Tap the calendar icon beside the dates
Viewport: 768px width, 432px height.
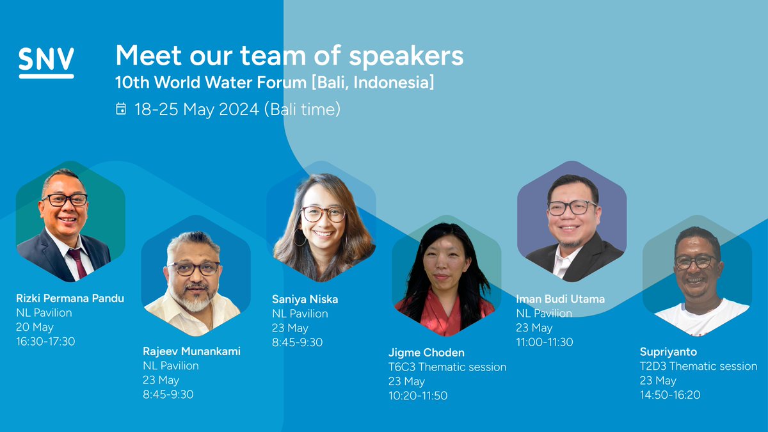(121, 109)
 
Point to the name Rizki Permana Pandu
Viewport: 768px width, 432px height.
(70, 298)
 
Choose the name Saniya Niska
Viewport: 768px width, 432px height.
(305, 299)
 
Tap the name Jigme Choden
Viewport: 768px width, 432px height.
(426, 352)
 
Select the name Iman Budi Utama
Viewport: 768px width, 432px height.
(560, 299)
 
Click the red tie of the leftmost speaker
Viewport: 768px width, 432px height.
(77, 262)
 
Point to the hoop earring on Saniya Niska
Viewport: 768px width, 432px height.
(300, 238)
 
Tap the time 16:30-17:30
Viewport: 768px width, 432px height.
(45, 342)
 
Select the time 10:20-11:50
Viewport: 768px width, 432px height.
(418, 396)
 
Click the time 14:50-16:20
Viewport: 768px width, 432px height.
(670, 395)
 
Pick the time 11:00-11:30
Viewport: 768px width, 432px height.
(545, 342)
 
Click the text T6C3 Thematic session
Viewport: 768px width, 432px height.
(447, 367)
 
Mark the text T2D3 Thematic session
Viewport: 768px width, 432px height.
(698, 367)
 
